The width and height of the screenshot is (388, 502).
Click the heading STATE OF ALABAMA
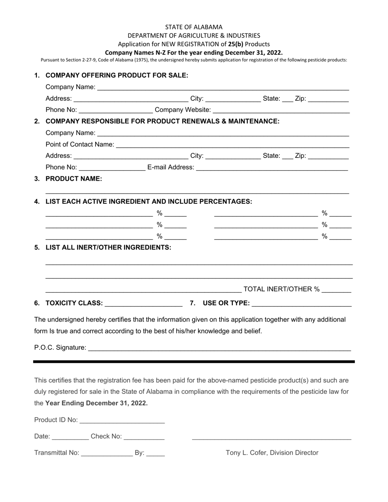pyautogui.click(x=194, y=27)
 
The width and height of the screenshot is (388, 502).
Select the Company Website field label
pyautogui.click(x=183, y=110)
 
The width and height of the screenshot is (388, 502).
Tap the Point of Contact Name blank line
pyautogui.click(x=232, y=145)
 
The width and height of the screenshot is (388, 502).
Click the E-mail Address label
pyautogui.click(x=171, y=167)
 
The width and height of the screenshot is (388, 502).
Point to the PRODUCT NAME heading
pyautogui.click(x=74, y=178)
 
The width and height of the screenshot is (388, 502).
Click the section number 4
pyautogui.click(x=37, y=201)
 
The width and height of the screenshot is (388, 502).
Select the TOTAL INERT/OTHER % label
pyautogui.click(x=281, y=289)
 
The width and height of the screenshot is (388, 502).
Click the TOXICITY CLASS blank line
pyautogui.click(x=143, y=303)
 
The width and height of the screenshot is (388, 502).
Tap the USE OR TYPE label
pyautogui.click(x=226, y=303)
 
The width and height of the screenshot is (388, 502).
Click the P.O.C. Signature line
pyautogui.click(x=219, y=348)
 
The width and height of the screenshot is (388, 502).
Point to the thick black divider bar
pyautogui.click(x=194, y=362)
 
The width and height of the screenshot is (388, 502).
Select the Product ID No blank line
pyautogui.click(x=122, y=421)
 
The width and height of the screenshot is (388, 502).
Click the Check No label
pyautogui.click(x=106, y=436)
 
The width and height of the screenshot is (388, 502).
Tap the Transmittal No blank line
pyautogui.click(x=107, y=453)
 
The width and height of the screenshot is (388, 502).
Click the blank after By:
pyautogui.click(x=156, y=453)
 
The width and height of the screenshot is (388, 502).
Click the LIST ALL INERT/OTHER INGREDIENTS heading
pyautogui.click(x=108, y=247)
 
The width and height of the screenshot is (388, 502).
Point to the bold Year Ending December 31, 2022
pyautogui.click(x=96, y=403)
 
